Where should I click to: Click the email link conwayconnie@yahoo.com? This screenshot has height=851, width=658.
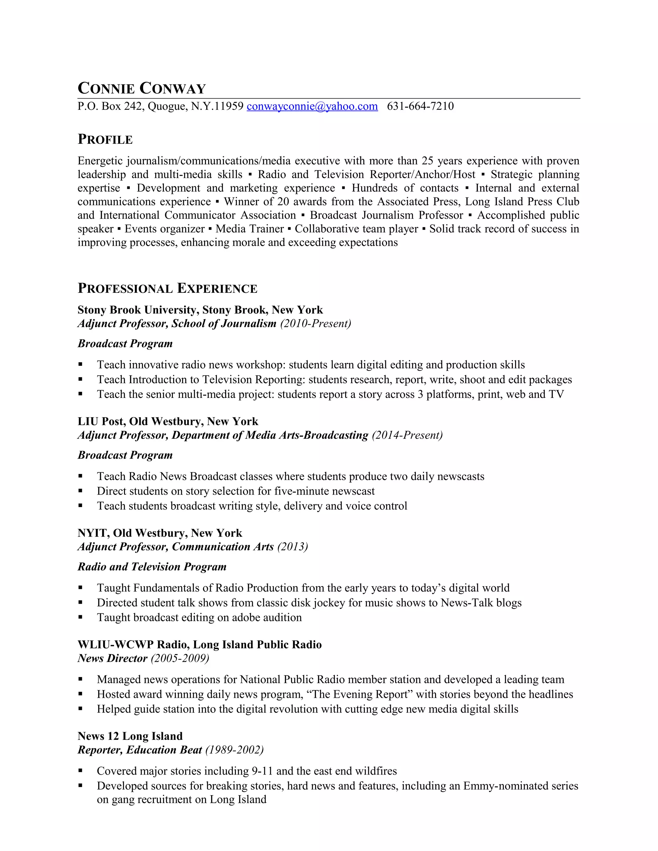coord(312,106)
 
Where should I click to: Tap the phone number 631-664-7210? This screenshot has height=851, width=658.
coord(420,106)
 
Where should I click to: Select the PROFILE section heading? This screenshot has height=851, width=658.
coord(105,139)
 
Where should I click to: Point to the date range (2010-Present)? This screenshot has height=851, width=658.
coord(316,323)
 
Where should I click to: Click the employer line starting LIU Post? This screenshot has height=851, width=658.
coord(168,421)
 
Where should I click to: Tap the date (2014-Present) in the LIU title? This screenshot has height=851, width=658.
coord(407,435)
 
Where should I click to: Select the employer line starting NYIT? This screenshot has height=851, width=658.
coord(159,533)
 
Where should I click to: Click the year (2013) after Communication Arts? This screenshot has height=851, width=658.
coord(292,547)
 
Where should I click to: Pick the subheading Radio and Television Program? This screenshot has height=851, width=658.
coord(152,566)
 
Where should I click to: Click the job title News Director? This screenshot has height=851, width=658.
coord(112,658)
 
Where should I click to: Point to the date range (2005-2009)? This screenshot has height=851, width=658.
coord(180,658)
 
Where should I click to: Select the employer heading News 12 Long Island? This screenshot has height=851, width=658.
coord(130,736)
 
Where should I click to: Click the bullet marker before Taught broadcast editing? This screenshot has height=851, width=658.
coord(80,617)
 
